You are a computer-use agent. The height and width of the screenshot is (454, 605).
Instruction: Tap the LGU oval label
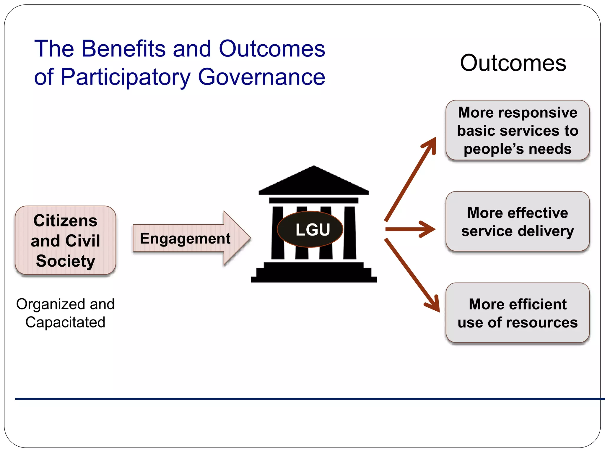310,229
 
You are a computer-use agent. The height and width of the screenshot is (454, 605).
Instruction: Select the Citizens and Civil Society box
65,240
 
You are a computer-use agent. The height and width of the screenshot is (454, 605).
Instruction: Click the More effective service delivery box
517,222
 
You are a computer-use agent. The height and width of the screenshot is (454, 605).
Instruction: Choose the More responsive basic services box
517,130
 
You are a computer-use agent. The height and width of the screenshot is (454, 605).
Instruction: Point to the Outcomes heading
513,63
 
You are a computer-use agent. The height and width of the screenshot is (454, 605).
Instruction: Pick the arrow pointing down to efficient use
412,275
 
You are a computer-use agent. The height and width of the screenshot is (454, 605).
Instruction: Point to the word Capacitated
65,322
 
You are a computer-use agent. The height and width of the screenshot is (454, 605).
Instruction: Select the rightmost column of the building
350,233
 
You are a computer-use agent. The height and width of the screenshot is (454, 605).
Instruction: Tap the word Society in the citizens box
66,261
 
